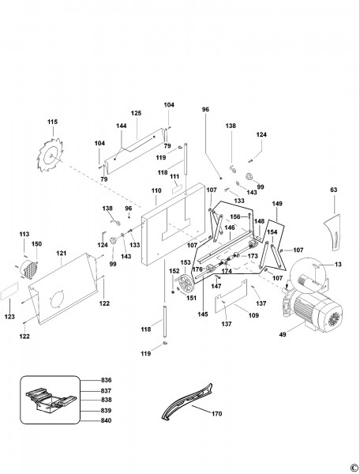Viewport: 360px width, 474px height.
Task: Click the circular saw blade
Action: click(51, 155)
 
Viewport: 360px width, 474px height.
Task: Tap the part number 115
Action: click(52, 122)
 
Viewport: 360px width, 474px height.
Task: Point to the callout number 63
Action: click(334, 190)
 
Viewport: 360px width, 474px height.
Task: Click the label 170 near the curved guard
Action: click(217, 413)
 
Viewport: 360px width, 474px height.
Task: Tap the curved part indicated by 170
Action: click(187, 401)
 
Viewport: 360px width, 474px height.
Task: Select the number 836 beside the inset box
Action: click(106, 380)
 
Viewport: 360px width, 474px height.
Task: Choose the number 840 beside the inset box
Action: click(106, 420)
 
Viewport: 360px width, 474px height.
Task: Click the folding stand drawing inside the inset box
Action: click(51, 400)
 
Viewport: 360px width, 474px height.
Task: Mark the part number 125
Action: click(137, 113)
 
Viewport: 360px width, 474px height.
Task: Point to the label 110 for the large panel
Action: click(156, 190)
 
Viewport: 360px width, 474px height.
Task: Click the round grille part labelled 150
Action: click(29, 267)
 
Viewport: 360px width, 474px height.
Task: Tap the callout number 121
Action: click(62, 254)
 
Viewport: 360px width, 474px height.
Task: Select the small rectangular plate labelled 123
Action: click(9, 291)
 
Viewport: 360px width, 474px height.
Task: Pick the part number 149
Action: click(277, 204)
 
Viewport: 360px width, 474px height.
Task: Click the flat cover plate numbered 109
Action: click(231, 296)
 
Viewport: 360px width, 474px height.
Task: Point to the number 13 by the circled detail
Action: click(338, 265)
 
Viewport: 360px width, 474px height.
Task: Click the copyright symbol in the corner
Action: click(355, 468)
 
